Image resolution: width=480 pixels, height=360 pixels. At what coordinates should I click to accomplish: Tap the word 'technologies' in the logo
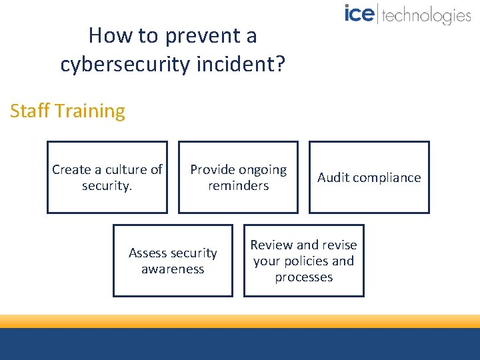tap(426, 15)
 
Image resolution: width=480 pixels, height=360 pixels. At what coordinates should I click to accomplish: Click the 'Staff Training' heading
tap(67, 111)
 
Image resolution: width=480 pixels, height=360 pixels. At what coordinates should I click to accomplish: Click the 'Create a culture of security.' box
tap(107, 177)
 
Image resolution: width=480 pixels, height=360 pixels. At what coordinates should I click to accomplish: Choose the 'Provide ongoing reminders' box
tap(238, 177)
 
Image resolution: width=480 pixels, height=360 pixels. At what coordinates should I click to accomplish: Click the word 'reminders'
tap(238, 186)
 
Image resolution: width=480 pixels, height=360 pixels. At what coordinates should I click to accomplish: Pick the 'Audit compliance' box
tap(369, 177)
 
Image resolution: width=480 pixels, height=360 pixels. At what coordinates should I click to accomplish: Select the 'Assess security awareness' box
tap(173, 261)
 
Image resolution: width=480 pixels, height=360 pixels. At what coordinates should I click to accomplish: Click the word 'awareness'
tap(173, 269)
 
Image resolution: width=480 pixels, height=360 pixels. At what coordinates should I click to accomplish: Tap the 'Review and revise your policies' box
tap(303, 261)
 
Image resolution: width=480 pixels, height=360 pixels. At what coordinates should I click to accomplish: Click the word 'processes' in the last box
tap(303, 277)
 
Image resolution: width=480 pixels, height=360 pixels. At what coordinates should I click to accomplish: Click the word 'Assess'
tap(147, 253)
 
